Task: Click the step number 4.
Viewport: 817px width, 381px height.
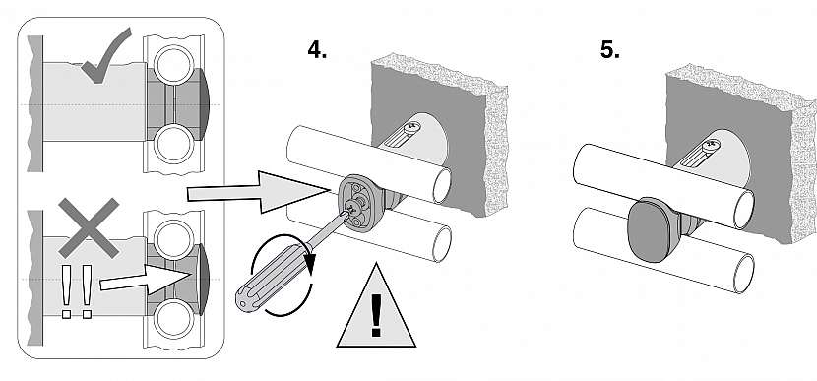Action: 317,50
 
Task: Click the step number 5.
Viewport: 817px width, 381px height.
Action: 609,50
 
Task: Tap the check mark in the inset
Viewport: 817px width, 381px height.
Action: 104,57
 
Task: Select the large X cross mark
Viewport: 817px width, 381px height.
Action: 89,227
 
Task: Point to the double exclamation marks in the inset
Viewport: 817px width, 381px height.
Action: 76,290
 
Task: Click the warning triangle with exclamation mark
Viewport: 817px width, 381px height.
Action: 376,306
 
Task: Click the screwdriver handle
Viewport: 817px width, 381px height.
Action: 269,279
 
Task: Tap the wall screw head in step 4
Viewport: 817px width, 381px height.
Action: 412,126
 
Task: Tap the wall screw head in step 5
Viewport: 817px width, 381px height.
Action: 709,146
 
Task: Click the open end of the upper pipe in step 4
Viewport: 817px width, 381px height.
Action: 442,185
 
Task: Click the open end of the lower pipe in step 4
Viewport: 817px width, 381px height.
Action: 442,244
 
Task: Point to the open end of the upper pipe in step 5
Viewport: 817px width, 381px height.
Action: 744,210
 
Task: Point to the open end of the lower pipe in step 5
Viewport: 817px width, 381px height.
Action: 744,274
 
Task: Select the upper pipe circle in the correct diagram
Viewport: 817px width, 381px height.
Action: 173,65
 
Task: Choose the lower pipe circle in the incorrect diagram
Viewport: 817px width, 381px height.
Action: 173,318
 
